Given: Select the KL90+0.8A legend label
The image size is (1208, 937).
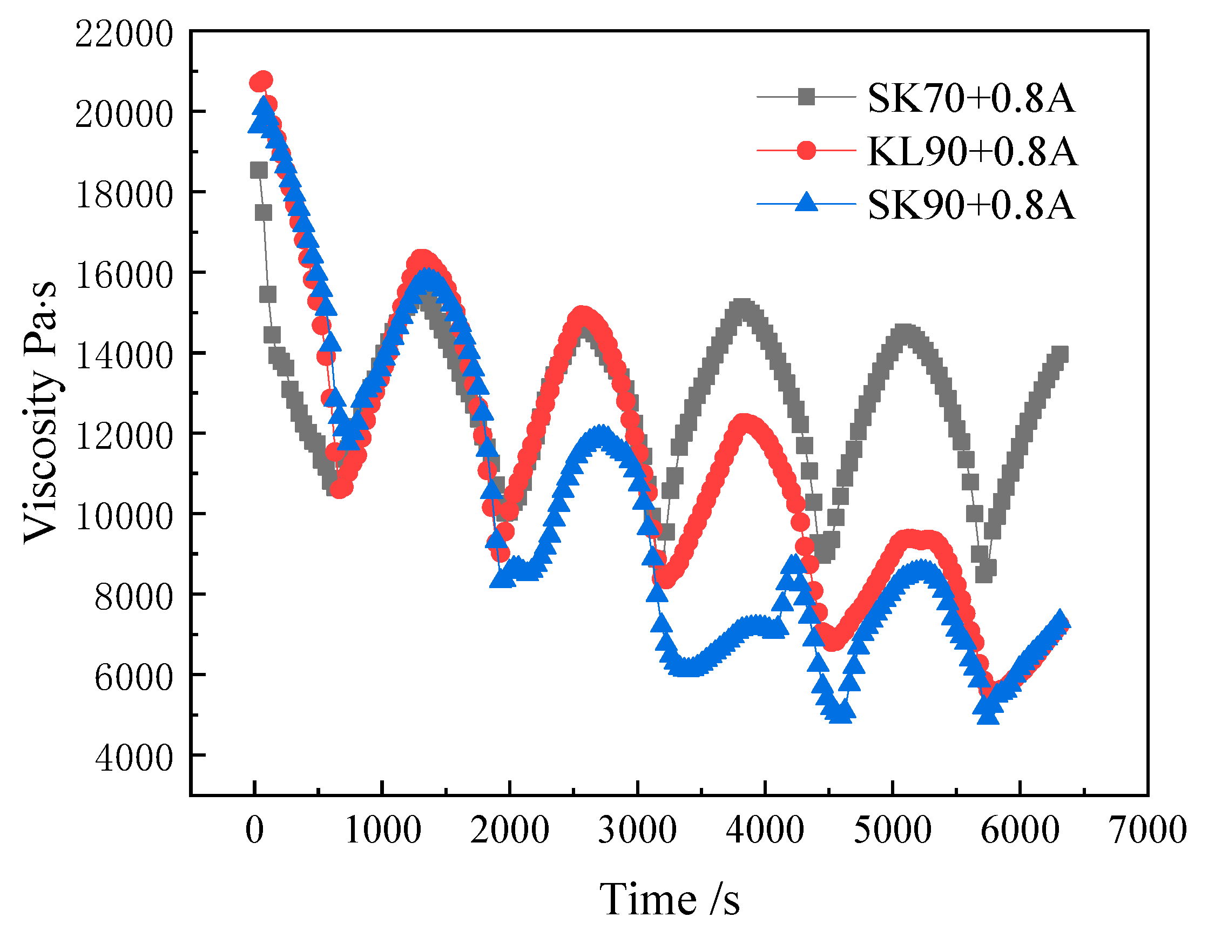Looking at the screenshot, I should pos(972,151).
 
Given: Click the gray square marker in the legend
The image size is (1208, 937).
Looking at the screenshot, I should pos(806,97).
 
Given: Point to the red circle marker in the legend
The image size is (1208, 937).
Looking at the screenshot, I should pos(806,150).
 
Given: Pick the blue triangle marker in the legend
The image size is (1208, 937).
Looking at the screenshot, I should pos(806,203).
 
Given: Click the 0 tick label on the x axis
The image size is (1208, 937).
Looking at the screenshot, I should pos(254,830).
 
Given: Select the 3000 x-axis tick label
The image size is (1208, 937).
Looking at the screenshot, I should pos(637,830).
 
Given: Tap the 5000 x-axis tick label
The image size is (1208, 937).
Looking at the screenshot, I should pos(892,830).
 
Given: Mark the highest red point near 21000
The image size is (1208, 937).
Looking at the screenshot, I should pos(264,79).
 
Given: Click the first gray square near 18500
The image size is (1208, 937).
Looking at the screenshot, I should pos(258,170).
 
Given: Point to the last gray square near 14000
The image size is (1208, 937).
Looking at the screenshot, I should pos(1059,355).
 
